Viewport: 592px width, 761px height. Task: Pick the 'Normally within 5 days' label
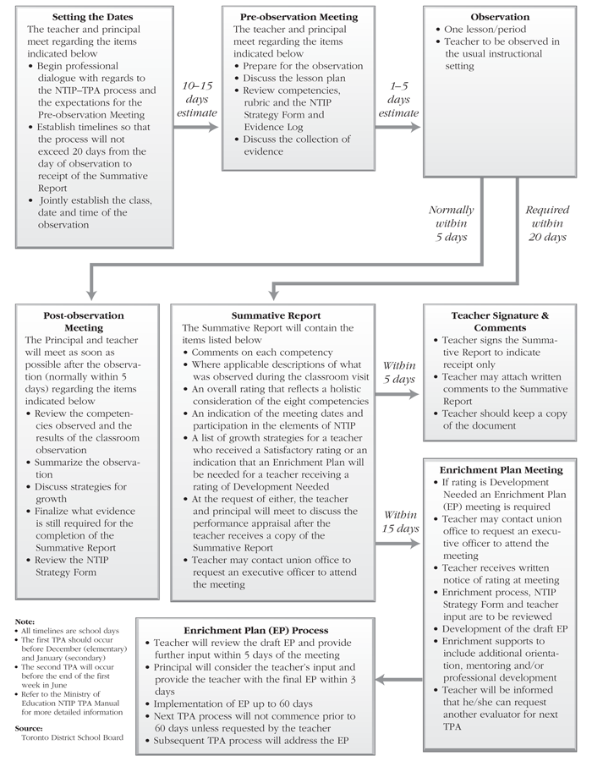coord(452,223)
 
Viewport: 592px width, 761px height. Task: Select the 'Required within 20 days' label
coord(545,223)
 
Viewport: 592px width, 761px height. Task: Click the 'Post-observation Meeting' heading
coord(84,321)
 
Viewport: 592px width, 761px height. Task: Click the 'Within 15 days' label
coord(400,521)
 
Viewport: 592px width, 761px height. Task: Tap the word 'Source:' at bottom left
coord(29,726)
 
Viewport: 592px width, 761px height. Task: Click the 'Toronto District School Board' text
coord(70,738)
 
